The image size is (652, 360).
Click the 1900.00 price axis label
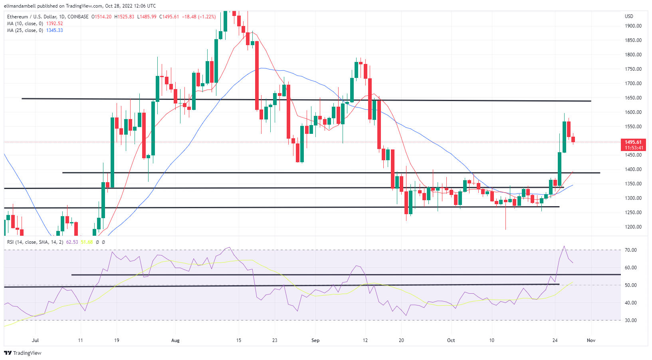coord(633,26)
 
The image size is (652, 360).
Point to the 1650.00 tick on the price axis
coord(633,98)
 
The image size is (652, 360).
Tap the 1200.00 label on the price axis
coord(633,227)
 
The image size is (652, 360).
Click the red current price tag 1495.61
coord(633,142)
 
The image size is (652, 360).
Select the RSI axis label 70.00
coord(631,250)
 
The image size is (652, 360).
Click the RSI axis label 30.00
coord(631,320)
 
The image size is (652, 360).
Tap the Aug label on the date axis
coord(175,340)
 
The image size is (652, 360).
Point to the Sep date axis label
coord(315,340)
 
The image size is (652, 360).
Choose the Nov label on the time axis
coord(591,340)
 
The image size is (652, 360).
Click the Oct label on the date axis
coord(451,340)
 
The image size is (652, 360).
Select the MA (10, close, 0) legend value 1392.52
coord(54,24)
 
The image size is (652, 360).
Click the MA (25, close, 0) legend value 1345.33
coord(54,30)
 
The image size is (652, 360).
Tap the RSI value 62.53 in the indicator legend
coord(72,242)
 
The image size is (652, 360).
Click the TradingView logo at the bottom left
coord(23,353)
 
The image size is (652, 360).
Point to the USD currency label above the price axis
coord(629,16)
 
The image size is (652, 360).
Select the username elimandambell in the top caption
coord(18,6)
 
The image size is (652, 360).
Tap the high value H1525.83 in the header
coord(124,17)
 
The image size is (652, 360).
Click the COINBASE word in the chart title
coord(78,17)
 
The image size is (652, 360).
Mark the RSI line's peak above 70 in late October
coord(564,246)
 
